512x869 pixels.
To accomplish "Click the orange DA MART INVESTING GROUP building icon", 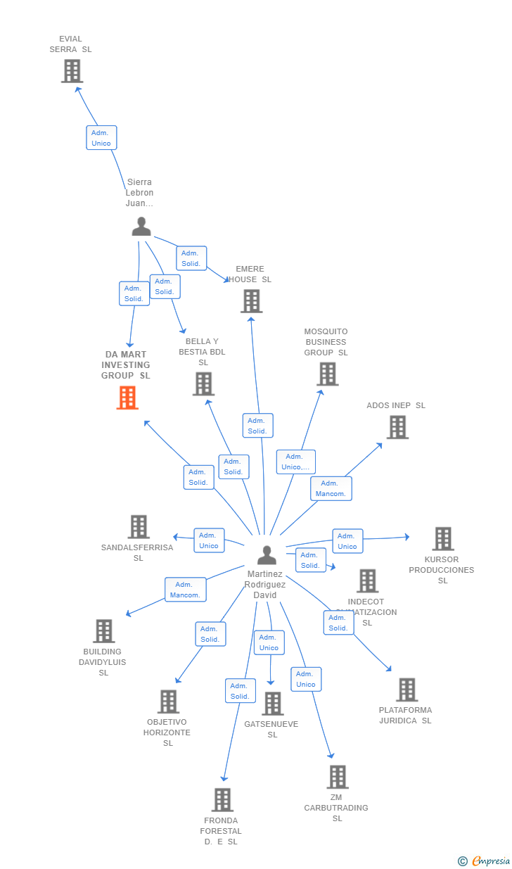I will click(x=127, y=398).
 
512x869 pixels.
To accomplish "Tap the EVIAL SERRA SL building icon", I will click(x=72, y=71).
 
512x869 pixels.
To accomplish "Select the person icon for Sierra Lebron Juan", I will click(x=141, y=227).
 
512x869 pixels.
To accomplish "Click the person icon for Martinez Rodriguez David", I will click(x=267, y=555).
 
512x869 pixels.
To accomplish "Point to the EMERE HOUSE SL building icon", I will click(x=251, y=301).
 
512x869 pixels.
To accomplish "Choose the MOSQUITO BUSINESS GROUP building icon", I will click(x=327, y=374).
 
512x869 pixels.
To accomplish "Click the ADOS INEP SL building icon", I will click(x=397, y=427).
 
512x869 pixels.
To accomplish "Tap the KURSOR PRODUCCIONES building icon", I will click(x=442, y=539).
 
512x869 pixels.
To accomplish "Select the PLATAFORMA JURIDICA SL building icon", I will click(x=407, y=690).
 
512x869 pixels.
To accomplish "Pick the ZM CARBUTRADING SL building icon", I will click(x=338, y=777).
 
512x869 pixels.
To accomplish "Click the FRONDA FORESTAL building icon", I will click(x=222, y=800).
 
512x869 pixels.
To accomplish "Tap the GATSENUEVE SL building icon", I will click(x=272, y=704).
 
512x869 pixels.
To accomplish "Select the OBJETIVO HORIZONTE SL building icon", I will click(x=168, y=702).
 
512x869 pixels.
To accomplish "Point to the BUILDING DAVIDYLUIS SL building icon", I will click(x=103, y=631).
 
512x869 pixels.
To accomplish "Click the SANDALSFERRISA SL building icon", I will click(x=139, y=526).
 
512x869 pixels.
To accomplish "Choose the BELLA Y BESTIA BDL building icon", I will click(x=203, y=384).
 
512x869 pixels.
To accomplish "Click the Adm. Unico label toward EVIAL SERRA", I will click(x=101, y=138).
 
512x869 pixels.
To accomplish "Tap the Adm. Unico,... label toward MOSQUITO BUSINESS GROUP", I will click(x=295, y=462).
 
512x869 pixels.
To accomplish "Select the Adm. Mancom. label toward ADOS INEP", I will click(x=331, y=488).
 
